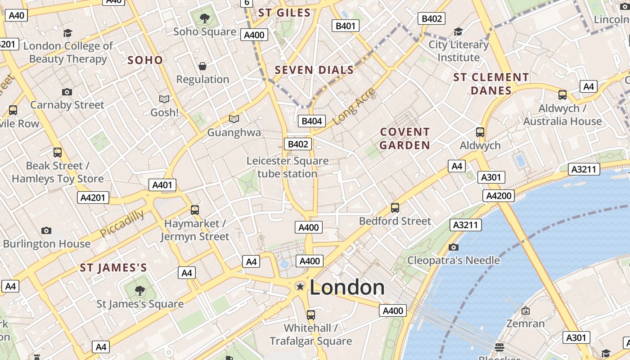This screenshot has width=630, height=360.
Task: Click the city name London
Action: point(347,288)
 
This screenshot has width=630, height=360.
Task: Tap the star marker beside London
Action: point(300,286)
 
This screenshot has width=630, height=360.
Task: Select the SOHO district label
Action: point(145,60)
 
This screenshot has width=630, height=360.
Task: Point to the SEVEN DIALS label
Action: point(314,70)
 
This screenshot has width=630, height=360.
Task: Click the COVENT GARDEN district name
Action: point(405,139)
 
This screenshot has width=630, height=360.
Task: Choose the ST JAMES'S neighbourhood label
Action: point(113,268)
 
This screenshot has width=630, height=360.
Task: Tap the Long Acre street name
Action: point(354,107)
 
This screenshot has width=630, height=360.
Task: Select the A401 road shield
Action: point(162,185)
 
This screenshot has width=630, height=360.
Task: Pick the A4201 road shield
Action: point(94,198)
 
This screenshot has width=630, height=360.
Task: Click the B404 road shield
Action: point(311,121)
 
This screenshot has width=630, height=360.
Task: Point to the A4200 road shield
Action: point(499,195)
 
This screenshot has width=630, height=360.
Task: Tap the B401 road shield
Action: point(346,26)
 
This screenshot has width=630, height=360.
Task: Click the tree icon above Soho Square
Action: point(205,18)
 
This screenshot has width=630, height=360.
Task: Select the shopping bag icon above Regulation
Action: point(202,66)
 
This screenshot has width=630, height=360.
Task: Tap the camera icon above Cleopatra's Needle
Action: point(453,247)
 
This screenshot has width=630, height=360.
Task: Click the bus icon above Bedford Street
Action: point(395,207)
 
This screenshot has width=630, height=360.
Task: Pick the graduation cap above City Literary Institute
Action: point(458,31)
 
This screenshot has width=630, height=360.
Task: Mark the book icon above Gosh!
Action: point(164,99)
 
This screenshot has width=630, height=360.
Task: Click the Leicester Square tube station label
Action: point(287,167)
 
